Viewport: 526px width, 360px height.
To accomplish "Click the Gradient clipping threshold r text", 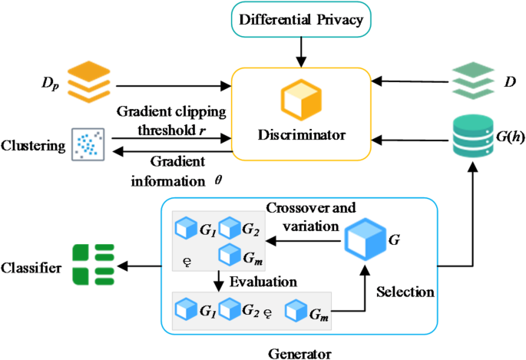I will click(x=171, y=120).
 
